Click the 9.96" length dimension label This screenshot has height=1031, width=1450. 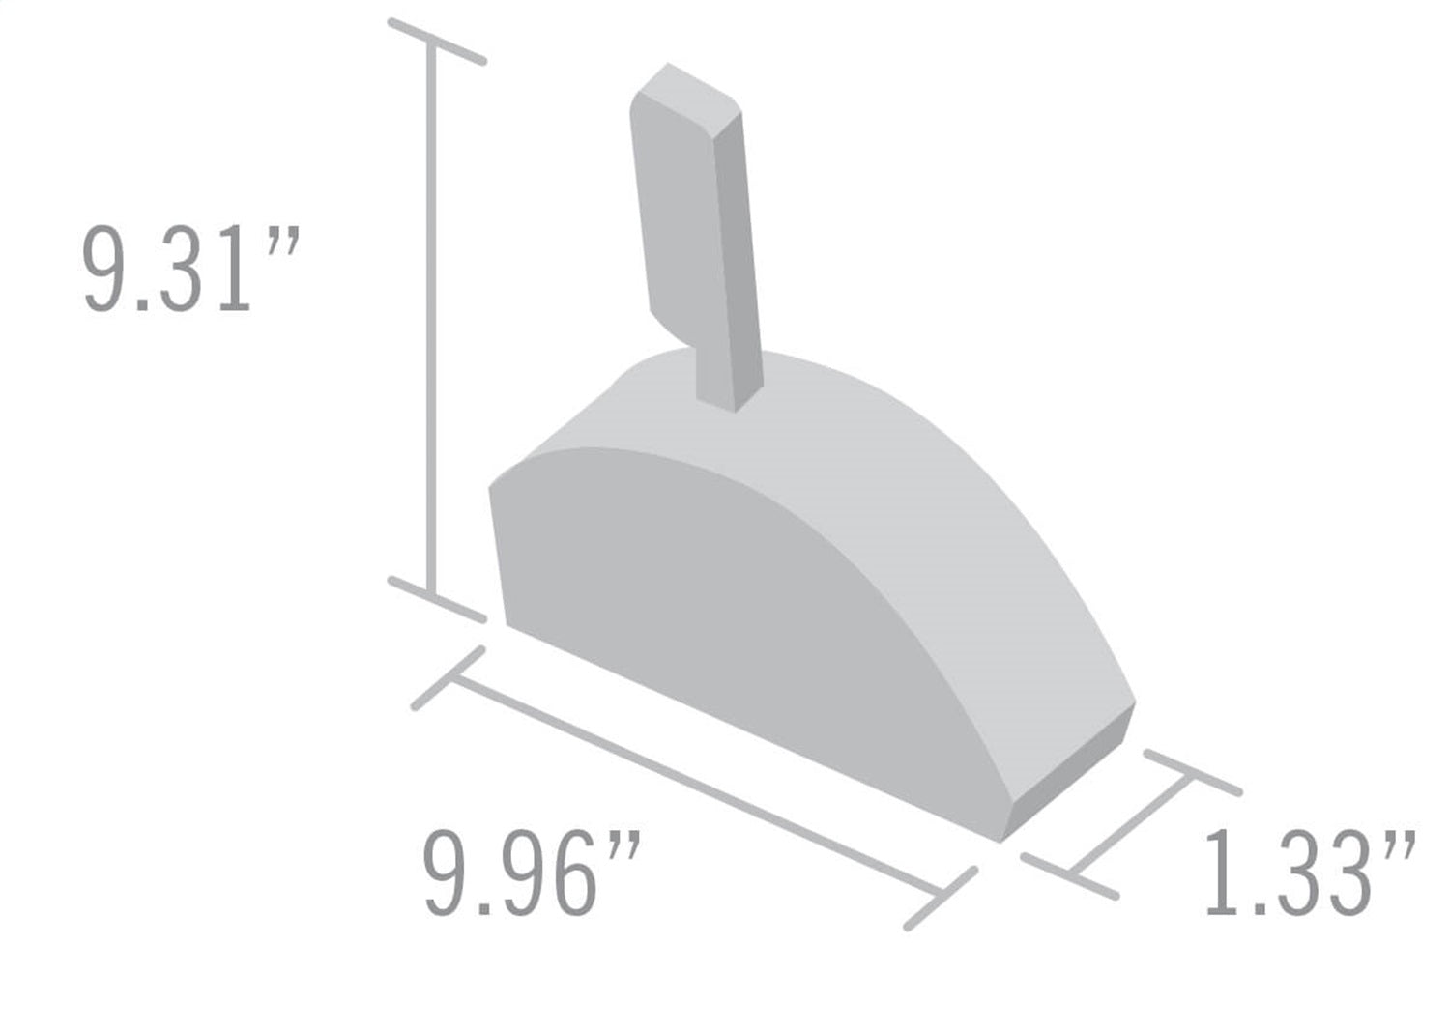531,875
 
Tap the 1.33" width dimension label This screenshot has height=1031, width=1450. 1309,873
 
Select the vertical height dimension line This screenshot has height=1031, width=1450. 432,319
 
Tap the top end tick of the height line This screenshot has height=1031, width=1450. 436,42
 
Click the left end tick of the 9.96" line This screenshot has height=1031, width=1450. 448,678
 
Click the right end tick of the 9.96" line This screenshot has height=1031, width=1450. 941,899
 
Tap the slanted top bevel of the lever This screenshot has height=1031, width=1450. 701,97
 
